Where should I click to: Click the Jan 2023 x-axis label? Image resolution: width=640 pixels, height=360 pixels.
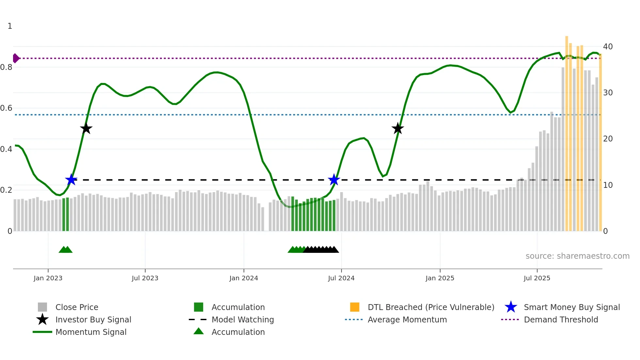(x=48, y=278)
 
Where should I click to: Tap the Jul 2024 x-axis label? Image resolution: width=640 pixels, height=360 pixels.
(x=341, y=278)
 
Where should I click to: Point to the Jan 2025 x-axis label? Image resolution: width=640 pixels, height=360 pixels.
(x=440, y=278)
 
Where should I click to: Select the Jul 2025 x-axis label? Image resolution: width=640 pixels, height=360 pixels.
(x=537, y=278)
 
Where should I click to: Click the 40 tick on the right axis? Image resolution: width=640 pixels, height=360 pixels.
(x=608, y=47)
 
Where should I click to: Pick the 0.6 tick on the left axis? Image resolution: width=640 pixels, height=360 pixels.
(x=7, y=108)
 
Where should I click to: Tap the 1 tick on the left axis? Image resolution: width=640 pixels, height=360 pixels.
(x=10, y=26)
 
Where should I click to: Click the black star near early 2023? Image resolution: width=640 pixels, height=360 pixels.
(x=86, y=129)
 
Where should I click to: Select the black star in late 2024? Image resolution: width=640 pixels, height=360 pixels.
(x=398, y=129)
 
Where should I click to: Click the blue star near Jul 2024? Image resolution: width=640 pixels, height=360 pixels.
(x=334, y=180)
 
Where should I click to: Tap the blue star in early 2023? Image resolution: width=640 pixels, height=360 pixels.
(x=71, y=180)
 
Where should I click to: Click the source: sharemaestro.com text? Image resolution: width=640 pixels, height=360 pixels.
(x=577, y=256)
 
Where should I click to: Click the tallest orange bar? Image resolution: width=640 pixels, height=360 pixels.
(x=567, y=131)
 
